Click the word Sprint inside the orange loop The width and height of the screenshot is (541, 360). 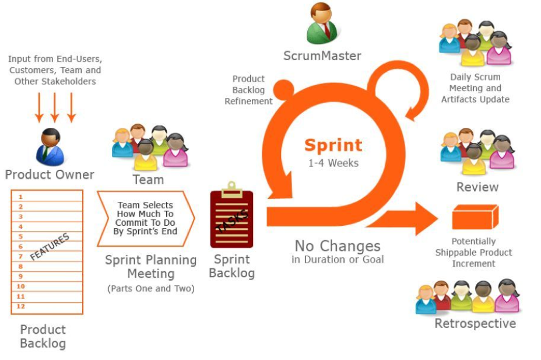[x=333, y=145]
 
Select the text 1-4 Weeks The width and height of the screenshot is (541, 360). [x=333, y=163]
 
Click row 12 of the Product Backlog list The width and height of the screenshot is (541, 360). [x=47, y=306]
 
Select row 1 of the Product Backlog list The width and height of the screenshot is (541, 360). [x=47, y=197]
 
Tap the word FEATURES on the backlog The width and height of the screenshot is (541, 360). [x=50, y=246]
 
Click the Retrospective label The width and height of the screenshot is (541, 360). [x=475, y=323]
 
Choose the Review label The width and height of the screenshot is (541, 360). [x=477, y=187]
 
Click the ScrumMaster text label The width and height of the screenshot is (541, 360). [x=322, y=56]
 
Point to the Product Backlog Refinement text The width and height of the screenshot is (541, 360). [x=248, y=90]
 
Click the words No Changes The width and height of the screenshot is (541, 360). [x=338, y=246]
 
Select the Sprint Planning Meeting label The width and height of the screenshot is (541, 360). [x=150, y=267]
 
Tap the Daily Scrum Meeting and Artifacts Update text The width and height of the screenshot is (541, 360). [x=475, y=88]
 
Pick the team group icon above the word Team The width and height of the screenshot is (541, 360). [x=150, y=146]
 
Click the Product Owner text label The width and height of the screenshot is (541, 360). [x=50, y=174]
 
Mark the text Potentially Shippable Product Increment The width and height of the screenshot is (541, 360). [x=474, y=253]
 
